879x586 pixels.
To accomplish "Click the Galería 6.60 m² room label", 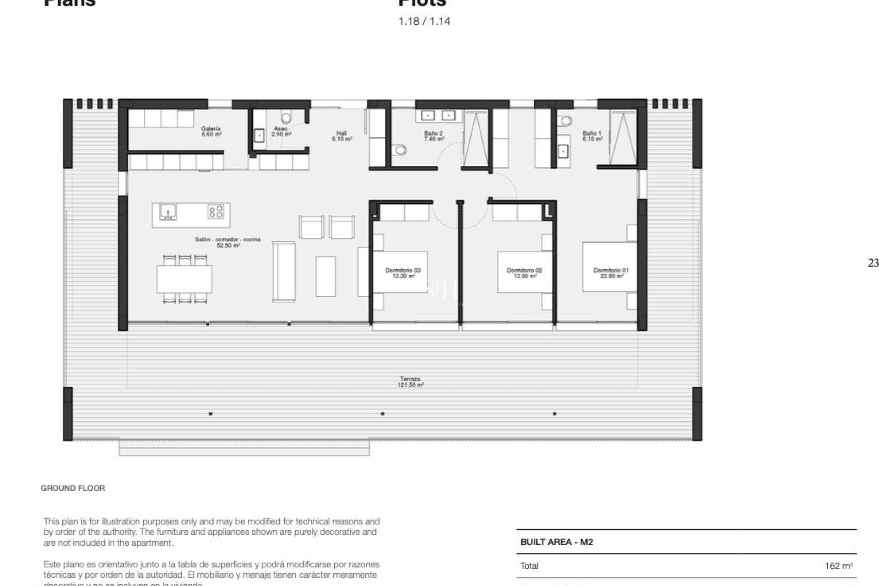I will point(211,131).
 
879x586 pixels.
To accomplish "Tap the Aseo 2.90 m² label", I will point(281,131).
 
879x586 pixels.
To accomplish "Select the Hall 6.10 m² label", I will point(342,136).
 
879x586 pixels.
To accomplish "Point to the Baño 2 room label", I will point(433,136).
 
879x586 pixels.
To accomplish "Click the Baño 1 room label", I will point(592,136).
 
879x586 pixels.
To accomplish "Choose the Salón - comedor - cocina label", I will point(228,242).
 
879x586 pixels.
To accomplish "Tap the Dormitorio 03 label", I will point(403,273).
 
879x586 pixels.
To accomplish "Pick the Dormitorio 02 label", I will point(524,273).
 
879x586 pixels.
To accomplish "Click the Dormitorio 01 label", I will point(611,273).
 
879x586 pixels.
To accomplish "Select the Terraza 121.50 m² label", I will point(410,382).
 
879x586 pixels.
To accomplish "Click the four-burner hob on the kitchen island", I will point(216,212).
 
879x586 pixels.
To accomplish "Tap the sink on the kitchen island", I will point(168,212).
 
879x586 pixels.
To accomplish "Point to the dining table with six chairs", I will point(184,279).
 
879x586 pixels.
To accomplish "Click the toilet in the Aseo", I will point(286,118).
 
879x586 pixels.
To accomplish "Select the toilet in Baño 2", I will point(401,150).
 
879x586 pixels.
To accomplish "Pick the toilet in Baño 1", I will point(566,121).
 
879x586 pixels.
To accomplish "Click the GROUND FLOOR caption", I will point(73,488).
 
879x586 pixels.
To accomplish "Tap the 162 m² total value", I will point(838,566).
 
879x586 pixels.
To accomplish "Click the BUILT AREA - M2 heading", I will point(556,542).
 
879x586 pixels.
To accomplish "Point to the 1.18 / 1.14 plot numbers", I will point(424,21).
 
